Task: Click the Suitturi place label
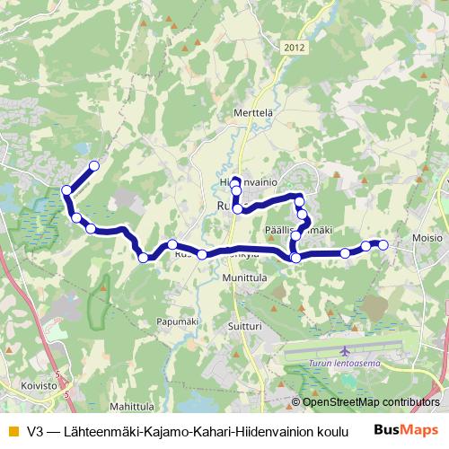pos(243,328)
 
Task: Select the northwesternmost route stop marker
pos(93,165)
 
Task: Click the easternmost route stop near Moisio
pos(383,244)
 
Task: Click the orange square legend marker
pos(12,432)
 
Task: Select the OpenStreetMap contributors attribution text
pos(371,402)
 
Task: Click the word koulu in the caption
pos(330,432)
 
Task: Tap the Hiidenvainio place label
pos(246,180)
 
